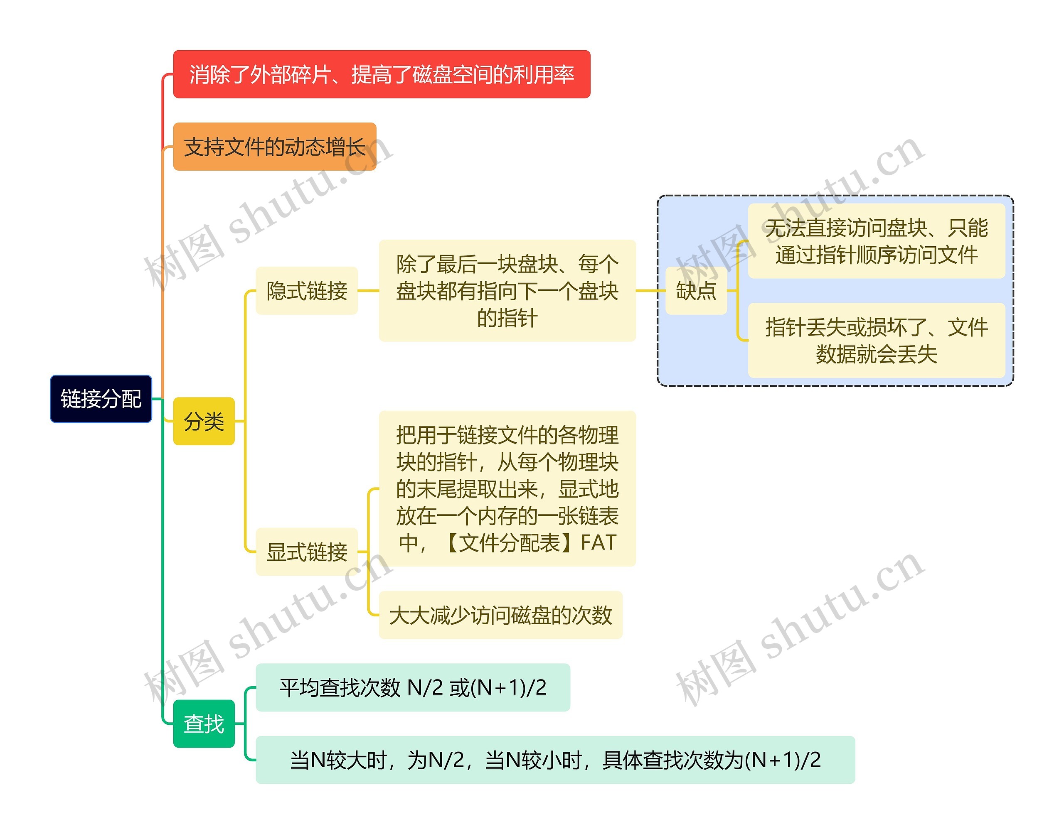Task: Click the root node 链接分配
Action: click(x=101, y=398)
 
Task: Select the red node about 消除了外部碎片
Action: click(x=382, y=74)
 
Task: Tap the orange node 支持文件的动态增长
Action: click(x=275, y=147)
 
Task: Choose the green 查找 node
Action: click(x=204, y=724)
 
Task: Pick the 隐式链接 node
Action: click(x=307, y=291)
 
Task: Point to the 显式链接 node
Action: click(x=307, y=552)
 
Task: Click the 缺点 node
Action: click(x=696, y=291)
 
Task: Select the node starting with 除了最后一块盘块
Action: click(x=507, y=291)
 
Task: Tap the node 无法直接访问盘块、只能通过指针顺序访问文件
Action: click(x=877, y=241)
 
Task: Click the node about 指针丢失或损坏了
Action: click(x=877, y=340)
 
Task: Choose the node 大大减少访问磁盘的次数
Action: click(x=501, y=615)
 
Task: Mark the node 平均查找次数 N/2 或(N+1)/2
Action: click(x=413, y=687)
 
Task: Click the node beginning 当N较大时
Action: click(x=555, y=760)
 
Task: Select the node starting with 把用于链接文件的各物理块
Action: click(x=507, y=488)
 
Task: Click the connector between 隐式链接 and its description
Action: click(x=368, y=291)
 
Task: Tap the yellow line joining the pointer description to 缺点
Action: click(x=651, y=291)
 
